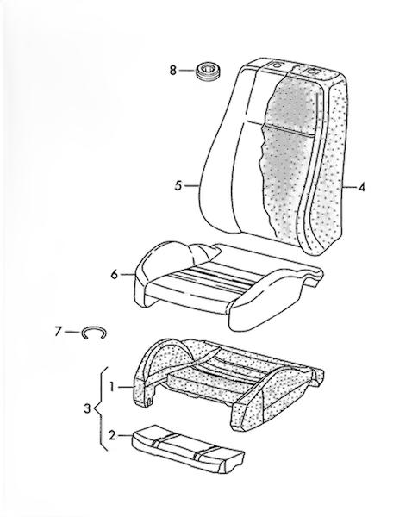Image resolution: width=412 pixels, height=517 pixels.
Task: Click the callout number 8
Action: coord(173,71)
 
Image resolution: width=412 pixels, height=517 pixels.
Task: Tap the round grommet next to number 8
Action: coord(209,72)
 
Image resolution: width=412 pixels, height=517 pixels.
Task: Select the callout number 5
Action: coord(178,186)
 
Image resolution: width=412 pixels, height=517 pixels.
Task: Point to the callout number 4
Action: coord(362,188)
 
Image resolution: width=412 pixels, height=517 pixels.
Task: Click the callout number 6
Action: coord(114,274)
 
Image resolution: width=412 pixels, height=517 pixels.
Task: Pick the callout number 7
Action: coord(58,332)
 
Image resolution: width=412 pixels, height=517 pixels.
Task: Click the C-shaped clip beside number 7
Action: coord(94,332)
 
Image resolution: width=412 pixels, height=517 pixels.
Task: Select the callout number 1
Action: coord(112,387)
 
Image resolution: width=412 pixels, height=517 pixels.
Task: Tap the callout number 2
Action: coord(113,436)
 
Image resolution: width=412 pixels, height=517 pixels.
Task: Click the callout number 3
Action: coord(87,409)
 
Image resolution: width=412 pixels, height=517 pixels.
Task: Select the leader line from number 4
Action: coord(350,187)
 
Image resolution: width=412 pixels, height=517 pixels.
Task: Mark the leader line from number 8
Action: coord(188,71)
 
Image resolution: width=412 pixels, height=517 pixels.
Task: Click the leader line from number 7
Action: coord(72,332)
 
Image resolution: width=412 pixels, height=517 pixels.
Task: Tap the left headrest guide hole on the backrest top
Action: coord(276,65)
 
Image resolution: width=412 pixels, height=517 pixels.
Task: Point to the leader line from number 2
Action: coord(125,436)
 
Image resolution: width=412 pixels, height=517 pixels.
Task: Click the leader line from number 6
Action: coord(128,274)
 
